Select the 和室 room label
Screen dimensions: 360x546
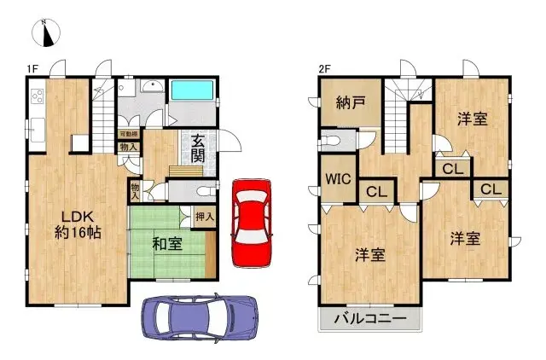point(166,245)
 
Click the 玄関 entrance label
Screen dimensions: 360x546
point(197,150)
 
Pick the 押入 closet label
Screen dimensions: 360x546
point(205,217)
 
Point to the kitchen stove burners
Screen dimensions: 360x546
point(38,96)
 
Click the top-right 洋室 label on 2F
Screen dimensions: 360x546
point(472,119)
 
